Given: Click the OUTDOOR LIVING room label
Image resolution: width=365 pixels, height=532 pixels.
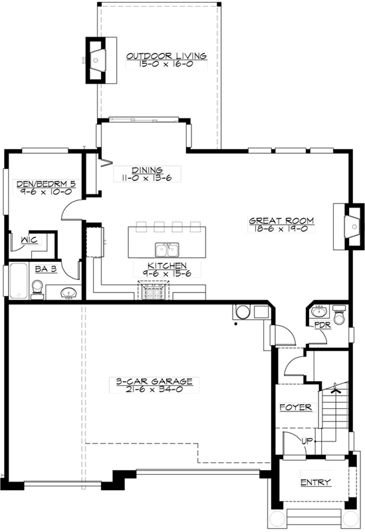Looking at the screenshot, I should point(167,56).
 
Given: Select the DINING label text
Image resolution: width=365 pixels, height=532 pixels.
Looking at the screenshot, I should point(147,170).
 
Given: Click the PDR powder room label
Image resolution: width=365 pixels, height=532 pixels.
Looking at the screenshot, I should point(322,325).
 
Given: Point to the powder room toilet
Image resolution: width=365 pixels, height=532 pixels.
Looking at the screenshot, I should point(340,315).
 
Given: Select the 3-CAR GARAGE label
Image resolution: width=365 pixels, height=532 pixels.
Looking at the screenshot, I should point(144,382).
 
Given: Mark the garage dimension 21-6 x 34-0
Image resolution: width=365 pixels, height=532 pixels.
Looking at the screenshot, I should point(144,390).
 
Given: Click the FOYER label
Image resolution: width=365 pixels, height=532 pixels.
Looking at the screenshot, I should point(295,407).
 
